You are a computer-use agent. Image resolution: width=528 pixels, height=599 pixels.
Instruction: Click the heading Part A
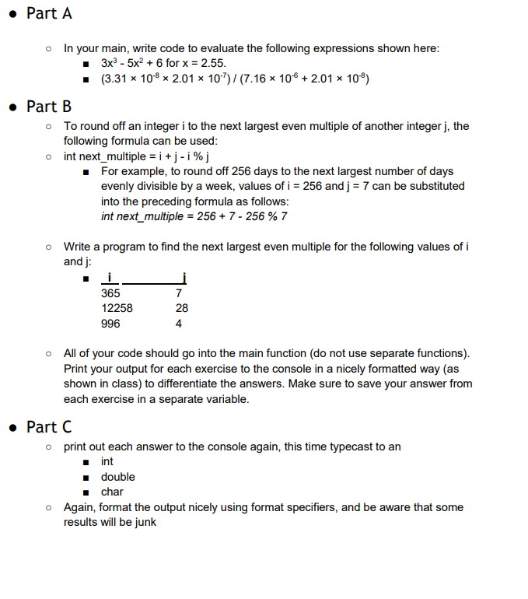click(48, 13)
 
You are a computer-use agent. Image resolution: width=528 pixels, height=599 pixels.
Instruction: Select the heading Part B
click(48, 106)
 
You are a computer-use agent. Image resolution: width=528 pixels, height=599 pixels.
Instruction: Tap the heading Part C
click(48, 426)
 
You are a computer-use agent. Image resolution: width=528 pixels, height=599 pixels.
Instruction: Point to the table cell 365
click(110, 293)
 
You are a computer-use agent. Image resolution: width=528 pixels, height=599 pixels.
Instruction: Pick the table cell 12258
click(117, 308)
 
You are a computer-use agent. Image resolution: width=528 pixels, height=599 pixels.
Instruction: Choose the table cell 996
click(110, 324)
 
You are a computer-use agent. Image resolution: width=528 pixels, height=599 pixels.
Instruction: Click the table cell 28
click(182, 308)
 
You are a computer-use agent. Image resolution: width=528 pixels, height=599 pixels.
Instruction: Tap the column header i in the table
click(110, 278)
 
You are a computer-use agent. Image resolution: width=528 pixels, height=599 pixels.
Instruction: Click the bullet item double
click(117, 476)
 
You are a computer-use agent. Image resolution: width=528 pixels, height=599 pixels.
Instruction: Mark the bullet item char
click(112, 492)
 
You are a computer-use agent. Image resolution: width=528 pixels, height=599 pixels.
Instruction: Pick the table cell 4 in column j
click(179, 324)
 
